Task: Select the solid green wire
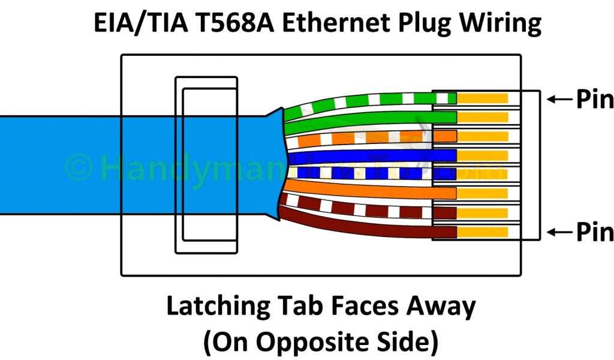point(360,118)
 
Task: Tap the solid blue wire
point(360,157)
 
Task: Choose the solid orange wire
point(360,191)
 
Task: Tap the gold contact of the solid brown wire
point(483,232)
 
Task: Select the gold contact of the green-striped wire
point(483,97)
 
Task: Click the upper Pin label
point(594,99)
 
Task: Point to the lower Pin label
point(594,232)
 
